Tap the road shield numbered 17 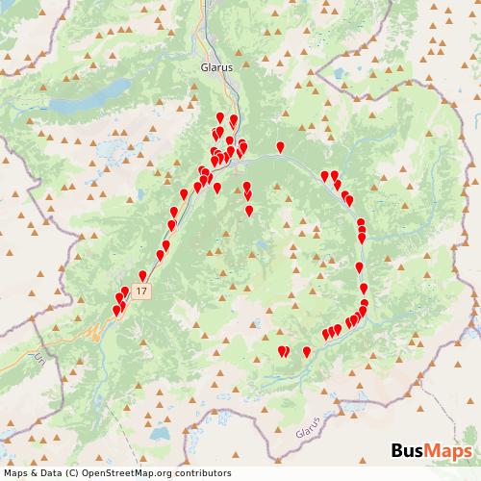click(x=142, y=290)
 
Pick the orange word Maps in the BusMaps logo click(x=447, y=452)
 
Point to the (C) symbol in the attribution click(x=71, y=472)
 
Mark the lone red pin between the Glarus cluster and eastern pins click(x=280, y=146)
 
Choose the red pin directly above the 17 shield click(x=143, y=276)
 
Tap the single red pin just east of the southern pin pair click(x=306, y=351)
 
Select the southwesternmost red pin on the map click(x=116, y=310)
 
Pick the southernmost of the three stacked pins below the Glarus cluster click(x=249, y=210)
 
